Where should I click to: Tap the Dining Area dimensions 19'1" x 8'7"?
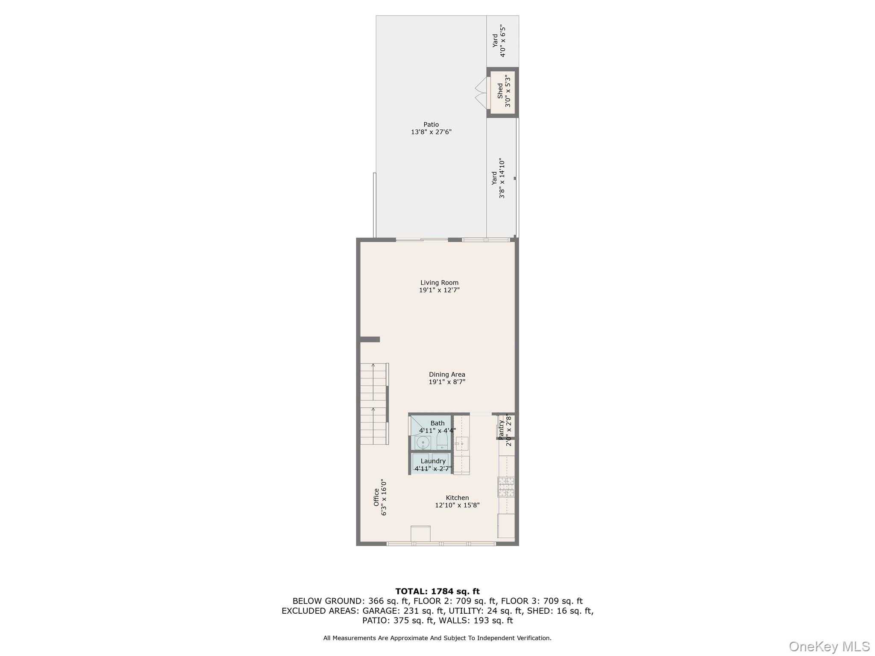[x=447, y=382]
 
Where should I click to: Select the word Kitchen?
[x=457, y=498]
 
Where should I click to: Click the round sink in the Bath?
[x=423, y=442]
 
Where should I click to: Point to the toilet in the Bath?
[x=442, y=442]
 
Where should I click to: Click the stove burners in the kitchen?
[x=506, y=487]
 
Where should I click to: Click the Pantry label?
[x=501, y=430]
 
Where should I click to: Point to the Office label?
[x=376, y=497]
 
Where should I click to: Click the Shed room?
[x=502, y=92]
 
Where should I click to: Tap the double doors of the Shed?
[x=481, y=92]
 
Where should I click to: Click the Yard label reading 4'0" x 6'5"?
[x=499, y=41]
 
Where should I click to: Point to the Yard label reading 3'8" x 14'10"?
[x=498, y=178]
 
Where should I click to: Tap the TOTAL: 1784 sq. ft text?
[x=437, y=592]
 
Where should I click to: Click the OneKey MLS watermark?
[x=829, y=646]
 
